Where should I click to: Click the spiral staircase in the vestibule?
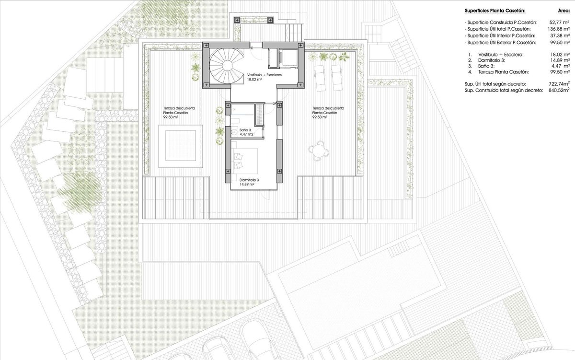click(x=226, y=66)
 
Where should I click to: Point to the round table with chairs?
click(x=319, y=151)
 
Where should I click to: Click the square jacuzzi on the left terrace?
click(x=181, y=146)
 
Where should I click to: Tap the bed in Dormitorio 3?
click(x=245, y=161)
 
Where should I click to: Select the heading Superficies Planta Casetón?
click(x=495, y=11)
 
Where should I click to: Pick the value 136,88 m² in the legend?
click(x=559, y=29)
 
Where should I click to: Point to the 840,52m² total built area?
click(x=559, y=90)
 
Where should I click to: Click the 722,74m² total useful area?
click(x=559, y=84)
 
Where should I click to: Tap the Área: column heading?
click(x=563, y=11)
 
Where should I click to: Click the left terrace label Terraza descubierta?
click(x=179, y=108)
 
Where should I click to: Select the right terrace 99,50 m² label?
click(x=320, y=117)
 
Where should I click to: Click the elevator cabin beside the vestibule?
click(x=288, y=58)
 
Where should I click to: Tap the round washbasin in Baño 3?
click(x=234, y=132)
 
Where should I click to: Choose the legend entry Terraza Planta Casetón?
click(x=498, y=72)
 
